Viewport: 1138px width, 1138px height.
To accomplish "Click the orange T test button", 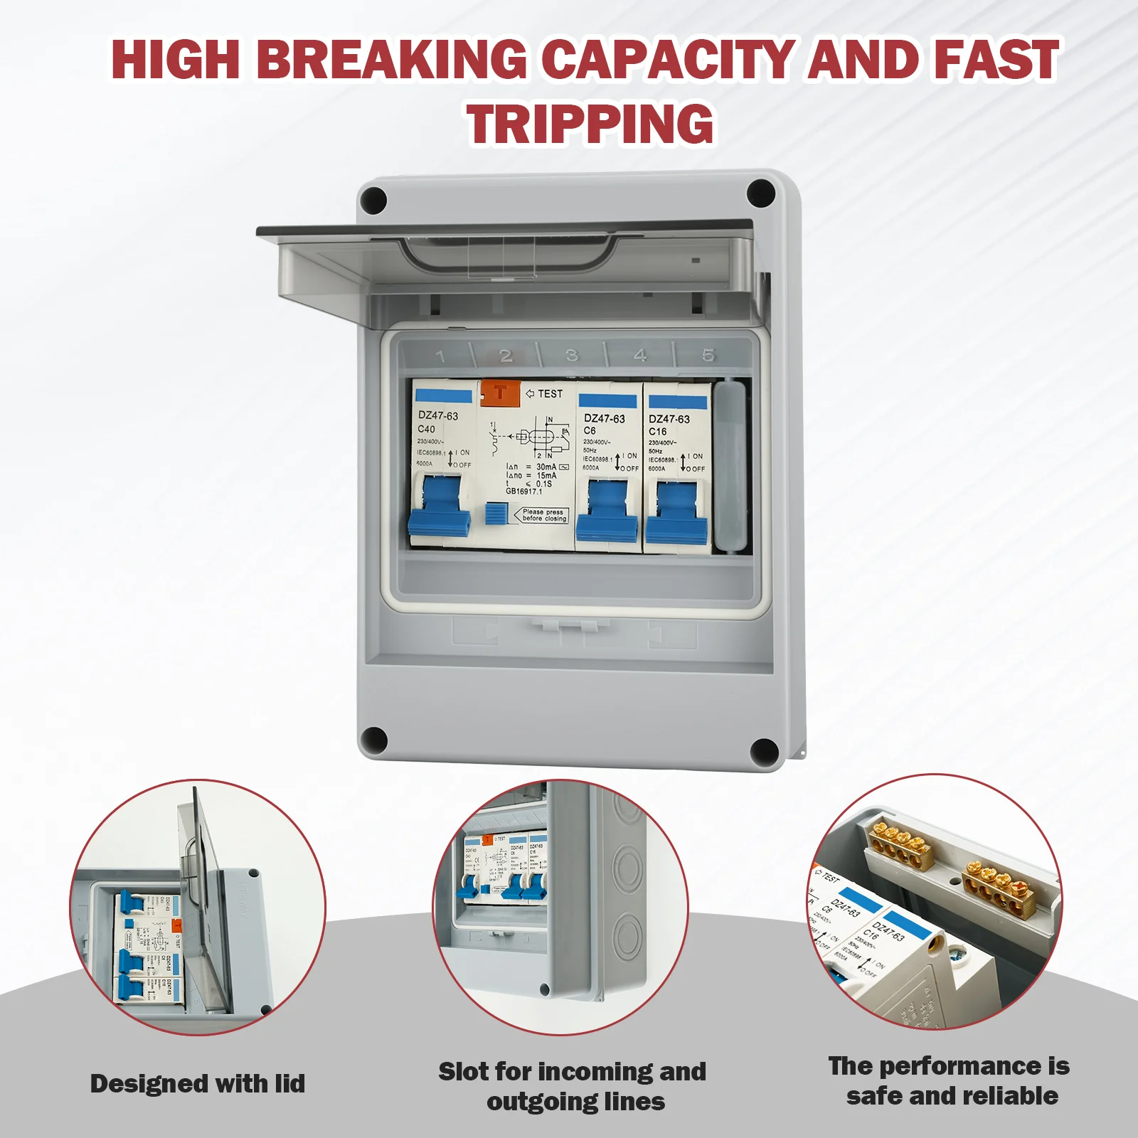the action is click(500, 392).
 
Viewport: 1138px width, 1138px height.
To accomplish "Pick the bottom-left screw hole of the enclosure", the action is click(374, 741).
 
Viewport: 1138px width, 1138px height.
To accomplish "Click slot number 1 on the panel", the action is click(441, 356).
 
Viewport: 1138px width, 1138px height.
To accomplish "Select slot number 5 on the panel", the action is click(708, 355).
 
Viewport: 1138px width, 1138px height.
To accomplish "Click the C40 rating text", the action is click(426, 429).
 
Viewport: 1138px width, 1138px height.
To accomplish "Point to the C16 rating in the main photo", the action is click(658, 432).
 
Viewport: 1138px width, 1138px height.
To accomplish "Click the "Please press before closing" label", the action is click(544, 515).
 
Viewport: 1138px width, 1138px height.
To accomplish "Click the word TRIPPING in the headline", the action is click(590, 124).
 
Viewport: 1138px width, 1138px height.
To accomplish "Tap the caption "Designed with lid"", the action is click(198, 1083).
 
